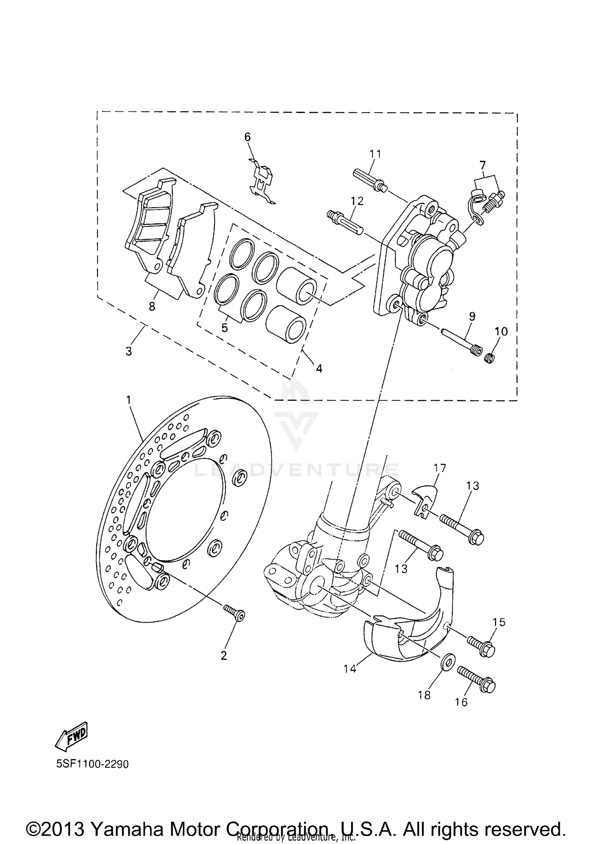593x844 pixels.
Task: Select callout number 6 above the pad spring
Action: pyautogui.click(x=247, y=137)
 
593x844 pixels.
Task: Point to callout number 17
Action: pyautogui.click(x=440, y=468)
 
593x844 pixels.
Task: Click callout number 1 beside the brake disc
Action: pyautogui.click(x=128, y=400)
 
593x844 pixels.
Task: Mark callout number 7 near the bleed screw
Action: pyautogui.click(x=483, y=164)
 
